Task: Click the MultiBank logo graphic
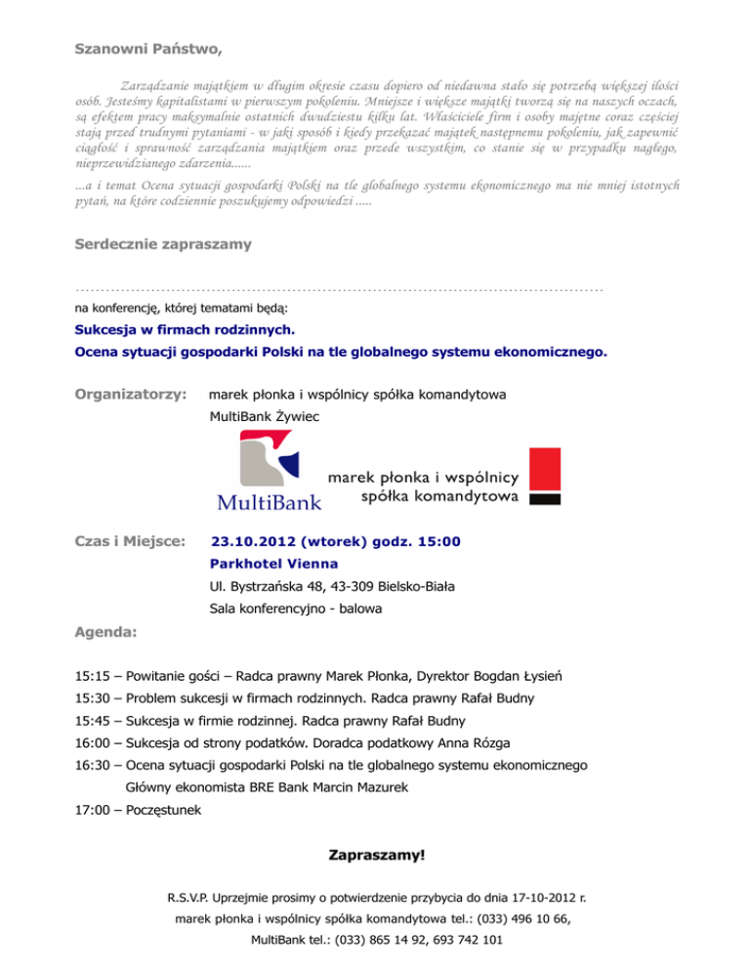tap(268, 474)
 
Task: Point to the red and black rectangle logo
tap(544, 476)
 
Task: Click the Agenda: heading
tap(105, 633)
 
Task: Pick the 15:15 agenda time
tap(93, 676)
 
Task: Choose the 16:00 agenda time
tap(93, 742)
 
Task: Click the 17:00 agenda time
tap(93, 809)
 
